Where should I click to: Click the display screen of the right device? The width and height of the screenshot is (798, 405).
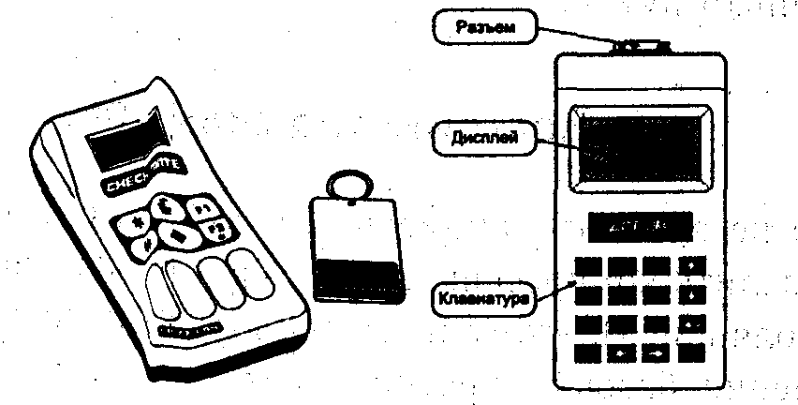[x=640, y=148]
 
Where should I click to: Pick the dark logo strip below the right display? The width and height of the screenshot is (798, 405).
[x=640, y=226]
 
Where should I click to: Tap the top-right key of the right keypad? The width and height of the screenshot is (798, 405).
[x=691, y=266]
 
